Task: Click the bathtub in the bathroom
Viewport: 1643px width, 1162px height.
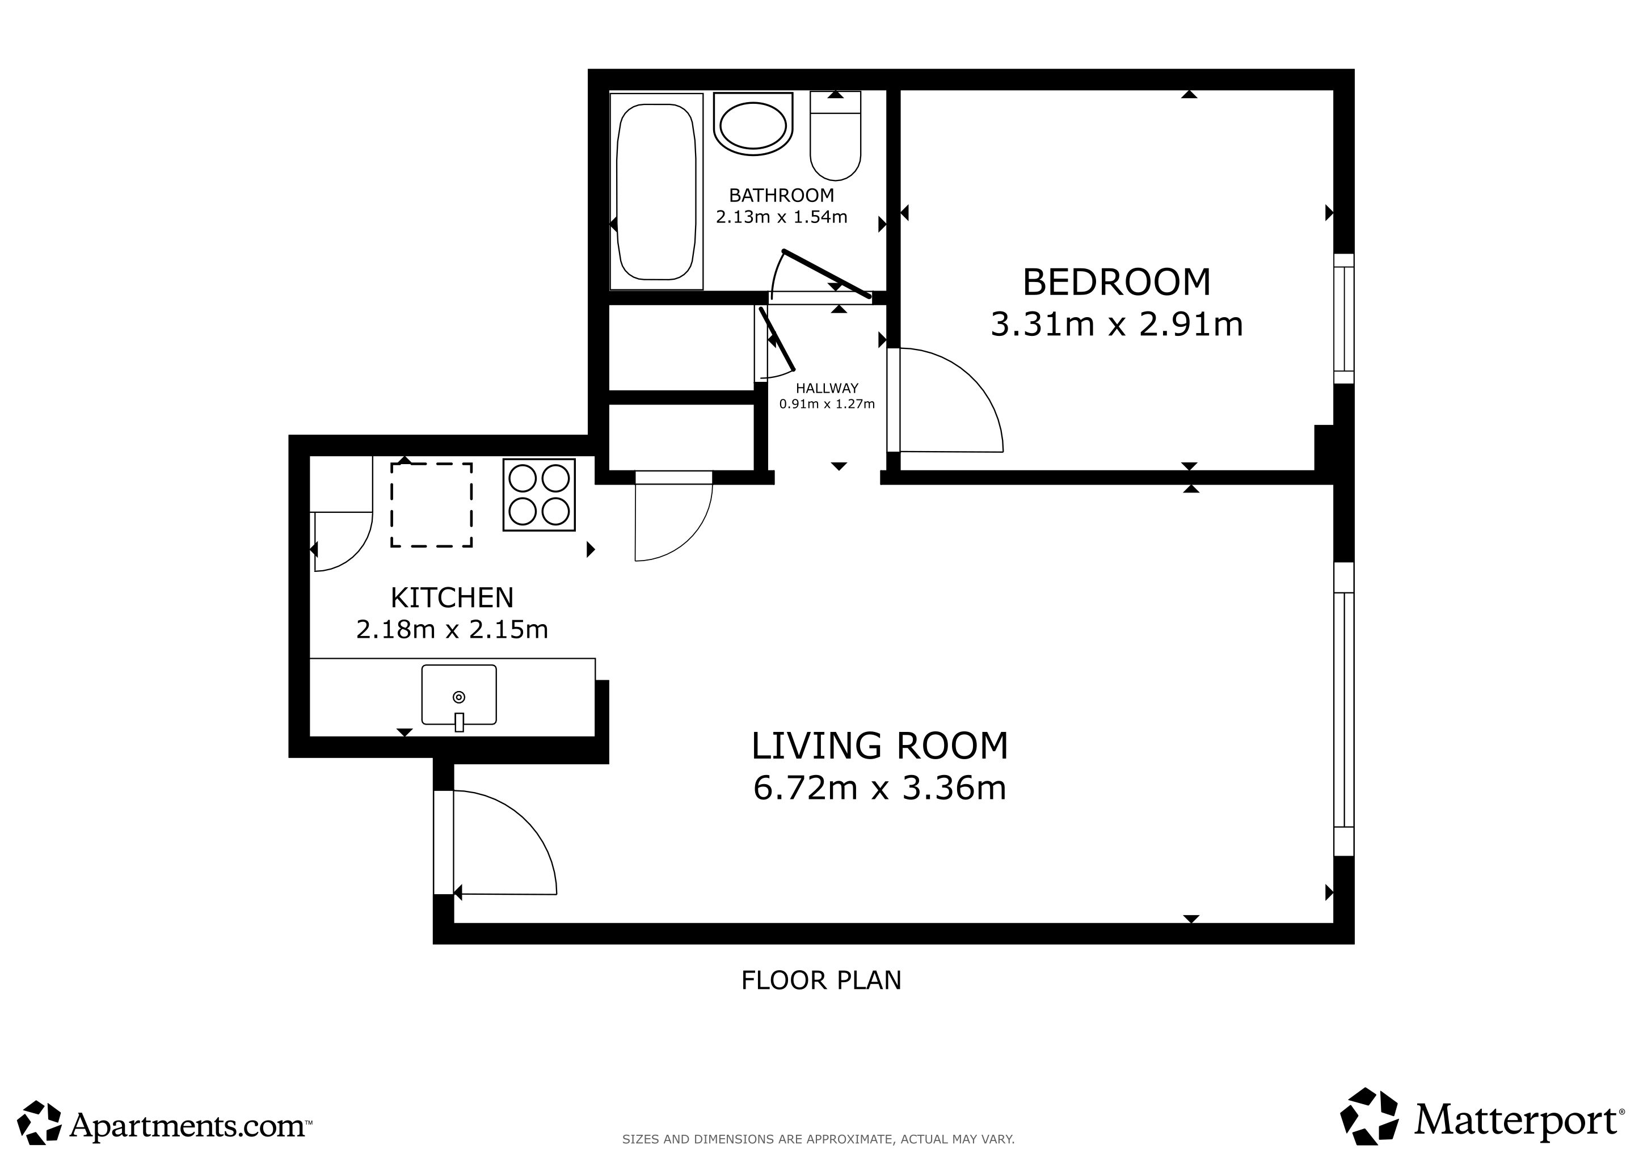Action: point(656,192)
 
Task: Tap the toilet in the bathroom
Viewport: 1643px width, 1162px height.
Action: point(835,136)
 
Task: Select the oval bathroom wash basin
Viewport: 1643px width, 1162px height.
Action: point(753,124)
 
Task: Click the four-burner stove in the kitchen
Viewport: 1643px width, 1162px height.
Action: point(539,494)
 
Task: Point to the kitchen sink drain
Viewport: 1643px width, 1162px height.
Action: point(459,697)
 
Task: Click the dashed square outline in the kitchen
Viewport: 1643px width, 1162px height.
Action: point(432,505)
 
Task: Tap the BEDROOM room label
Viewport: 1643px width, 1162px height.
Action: point(1117,282)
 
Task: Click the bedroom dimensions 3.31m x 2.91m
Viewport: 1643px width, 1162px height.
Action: point(1117,324)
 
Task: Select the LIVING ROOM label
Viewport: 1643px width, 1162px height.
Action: point(879,746)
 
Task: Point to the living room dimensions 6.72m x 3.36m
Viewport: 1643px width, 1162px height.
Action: point(879,788)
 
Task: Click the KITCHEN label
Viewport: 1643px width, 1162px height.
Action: point(452,597)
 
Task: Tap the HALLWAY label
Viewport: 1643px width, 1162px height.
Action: point(827,389)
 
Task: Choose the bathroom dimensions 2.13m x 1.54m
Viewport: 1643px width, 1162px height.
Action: point(781,217)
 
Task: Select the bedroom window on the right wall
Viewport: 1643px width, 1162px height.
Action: point(1344,319)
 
